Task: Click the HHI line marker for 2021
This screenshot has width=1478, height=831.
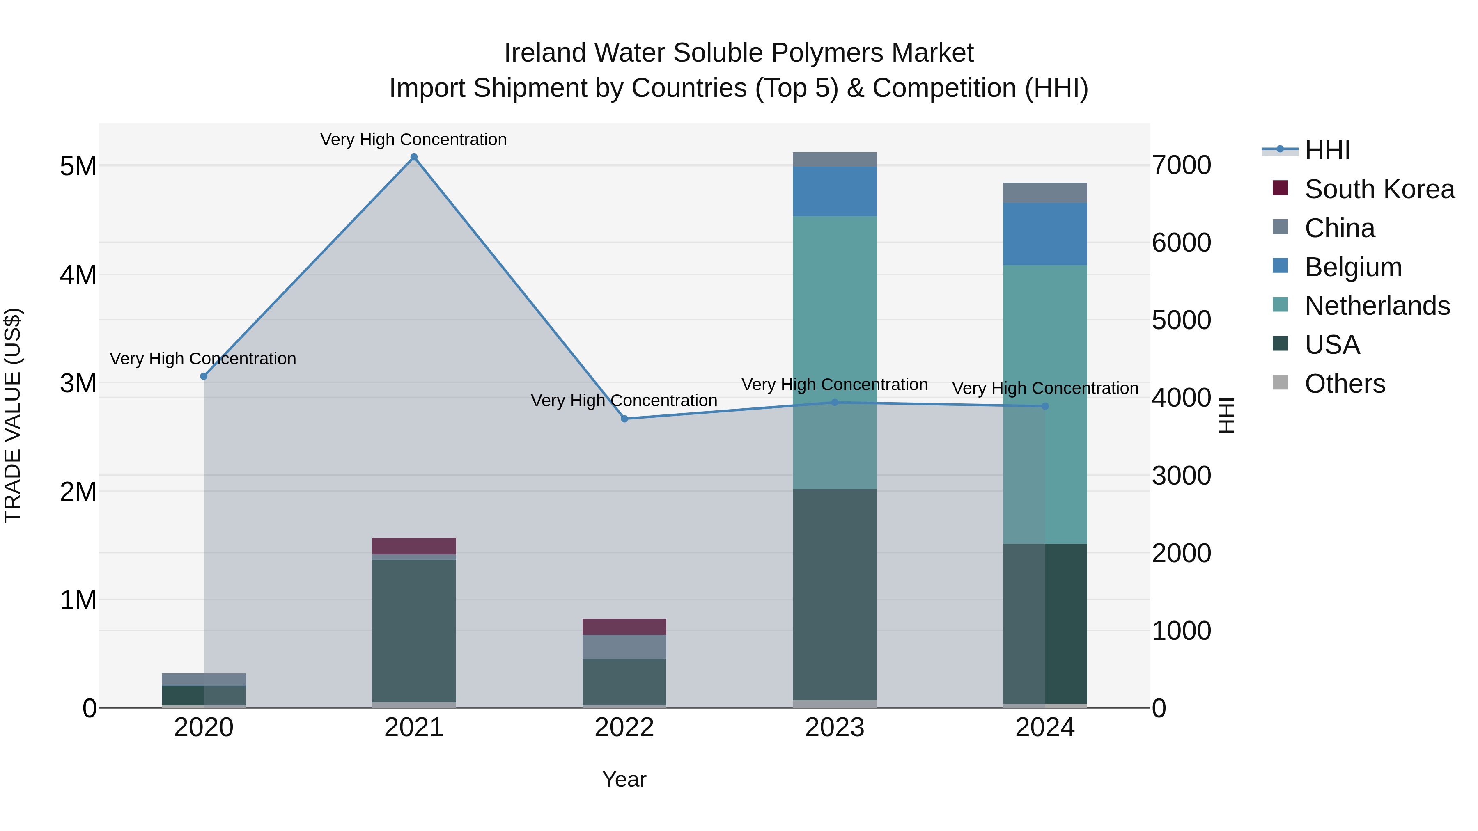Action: click(414, 157)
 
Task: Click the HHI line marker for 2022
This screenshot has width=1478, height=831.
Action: click(624, 419)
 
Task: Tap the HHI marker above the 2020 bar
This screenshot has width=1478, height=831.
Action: click(204, 376)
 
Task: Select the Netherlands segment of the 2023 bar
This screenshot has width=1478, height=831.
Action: click(834, 352)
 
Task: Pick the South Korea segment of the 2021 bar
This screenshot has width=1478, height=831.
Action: click(414, 546)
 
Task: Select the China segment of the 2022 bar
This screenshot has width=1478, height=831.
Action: click(624, 646)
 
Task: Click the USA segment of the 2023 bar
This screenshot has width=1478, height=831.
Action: click(834, 593)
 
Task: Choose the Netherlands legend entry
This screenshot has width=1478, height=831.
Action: click(1377, 306)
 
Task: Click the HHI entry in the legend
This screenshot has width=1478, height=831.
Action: click(1327, 150)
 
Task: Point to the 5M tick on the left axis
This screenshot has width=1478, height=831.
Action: click(78, 166)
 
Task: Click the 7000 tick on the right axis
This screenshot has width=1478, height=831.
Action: click(1181, 165)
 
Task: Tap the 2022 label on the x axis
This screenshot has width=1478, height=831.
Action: click(624, 728)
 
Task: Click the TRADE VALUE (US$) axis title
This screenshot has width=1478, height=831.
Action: click(13, 415)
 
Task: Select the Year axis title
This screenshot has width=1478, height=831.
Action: click(624, 779)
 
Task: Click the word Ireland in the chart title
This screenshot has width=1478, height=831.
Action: click(546, 53)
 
